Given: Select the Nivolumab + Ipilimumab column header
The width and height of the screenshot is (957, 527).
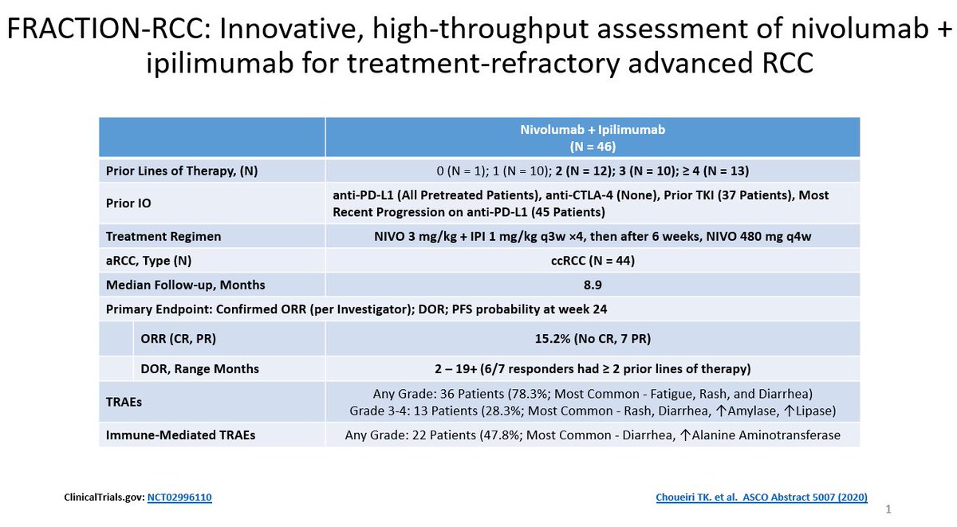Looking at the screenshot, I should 592,136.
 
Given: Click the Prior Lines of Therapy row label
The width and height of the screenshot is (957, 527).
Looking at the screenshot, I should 182,171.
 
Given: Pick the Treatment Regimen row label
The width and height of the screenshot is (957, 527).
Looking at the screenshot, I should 163,236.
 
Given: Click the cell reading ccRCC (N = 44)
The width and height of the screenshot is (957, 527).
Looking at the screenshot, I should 592,261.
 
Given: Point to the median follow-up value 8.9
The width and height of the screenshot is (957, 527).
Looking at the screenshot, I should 592,285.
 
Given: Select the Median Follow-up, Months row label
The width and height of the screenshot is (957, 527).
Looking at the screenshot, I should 186,285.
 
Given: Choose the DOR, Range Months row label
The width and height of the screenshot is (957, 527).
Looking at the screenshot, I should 199,368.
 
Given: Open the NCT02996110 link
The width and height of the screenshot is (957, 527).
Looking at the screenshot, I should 179,498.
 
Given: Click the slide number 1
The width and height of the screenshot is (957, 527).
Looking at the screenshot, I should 889,508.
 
